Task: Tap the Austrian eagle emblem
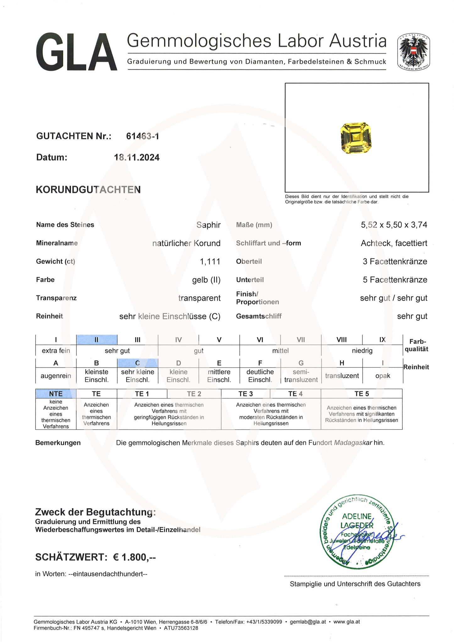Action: point(413,52)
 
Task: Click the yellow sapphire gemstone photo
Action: point(356,138)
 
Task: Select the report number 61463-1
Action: point(142,136)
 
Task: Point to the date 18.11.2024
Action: point(137,157)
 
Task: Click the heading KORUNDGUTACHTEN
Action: point(88,190)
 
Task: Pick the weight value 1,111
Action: point(210,261)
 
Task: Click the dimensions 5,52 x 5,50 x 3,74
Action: point(394,225)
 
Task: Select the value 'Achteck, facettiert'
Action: point(394,243)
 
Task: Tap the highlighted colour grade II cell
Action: point(97,340)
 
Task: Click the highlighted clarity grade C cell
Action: point(138,363)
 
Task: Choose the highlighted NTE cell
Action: point(56,394)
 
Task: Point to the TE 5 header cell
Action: point(362,394)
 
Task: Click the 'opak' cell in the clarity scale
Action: point(382,376)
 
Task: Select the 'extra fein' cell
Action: point(56,351)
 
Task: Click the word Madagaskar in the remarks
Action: point(353,443)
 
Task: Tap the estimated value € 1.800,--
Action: point(134,557)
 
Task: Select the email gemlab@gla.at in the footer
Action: point(308,622)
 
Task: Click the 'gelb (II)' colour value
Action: point(206,280)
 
